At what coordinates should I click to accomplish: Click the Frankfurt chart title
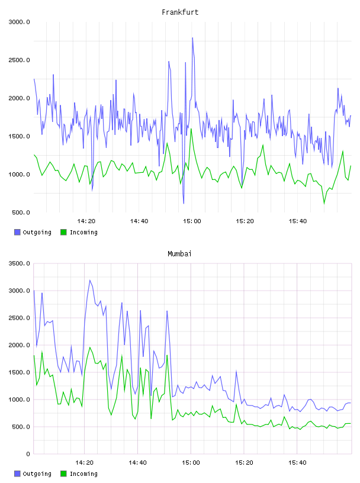pos(180,12)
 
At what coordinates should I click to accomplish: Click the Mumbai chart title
pos(179,253)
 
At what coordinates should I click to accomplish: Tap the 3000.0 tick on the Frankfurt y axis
pos(19,22)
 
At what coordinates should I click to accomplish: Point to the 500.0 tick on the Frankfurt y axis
pos(21,212)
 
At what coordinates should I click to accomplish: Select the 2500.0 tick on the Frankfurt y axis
pos(19,60)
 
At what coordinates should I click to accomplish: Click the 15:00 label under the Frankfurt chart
pos(192,221)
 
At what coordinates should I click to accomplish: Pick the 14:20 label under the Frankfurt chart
pos(86,221)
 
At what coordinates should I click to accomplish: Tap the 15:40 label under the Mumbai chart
pos(297,462)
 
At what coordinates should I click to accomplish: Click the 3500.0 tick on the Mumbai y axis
pos(19,263)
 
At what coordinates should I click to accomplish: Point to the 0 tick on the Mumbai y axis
pos(28,454)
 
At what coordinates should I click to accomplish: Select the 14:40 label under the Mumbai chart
pos(137,462)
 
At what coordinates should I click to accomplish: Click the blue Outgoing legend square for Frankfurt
pos(17,232)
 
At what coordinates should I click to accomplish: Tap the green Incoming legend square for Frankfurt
pos(63,232)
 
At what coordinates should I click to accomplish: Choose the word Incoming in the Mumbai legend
pos(83,474)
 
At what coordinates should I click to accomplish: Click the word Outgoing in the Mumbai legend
pos(37,474)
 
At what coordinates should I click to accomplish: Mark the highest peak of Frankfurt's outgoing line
pos(192,38)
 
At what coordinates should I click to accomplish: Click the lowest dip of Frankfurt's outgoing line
pos(184,204)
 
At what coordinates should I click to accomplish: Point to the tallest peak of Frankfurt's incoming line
pos(191,129)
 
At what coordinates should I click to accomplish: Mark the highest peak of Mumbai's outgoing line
pos(89,280)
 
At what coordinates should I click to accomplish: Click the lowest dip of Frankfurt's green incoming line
pos(324,203)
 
